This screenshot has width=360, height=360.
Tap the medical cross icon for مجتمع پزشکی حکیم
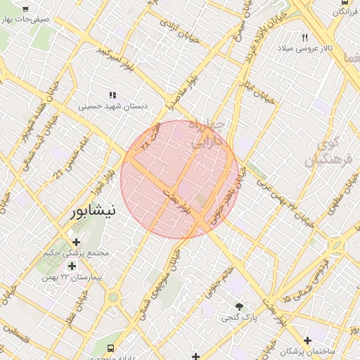click(x=77, y=243)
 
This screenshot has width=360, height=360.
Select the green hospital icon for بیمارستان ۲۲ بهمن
click(x=71, y=266)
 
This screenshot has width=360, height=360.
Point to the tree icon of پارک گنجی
click(x=240, y=307)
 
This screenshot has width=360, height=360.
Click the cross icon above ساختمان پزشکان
click(x=307, y=340)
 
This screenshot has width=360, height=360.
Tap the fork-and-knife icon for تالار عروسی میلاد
click(x=305, y=37)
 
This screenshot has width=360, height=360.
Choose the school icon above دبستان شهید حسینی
click(x=112, y=95)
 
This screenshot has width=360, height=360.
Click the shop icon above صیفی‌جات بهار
click(x=26, y=9)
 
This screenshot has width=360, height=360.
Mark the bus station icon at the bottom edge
click(x=111, y=348)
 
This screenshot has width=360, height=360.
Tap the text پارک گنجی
click(x=240, y=319)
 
